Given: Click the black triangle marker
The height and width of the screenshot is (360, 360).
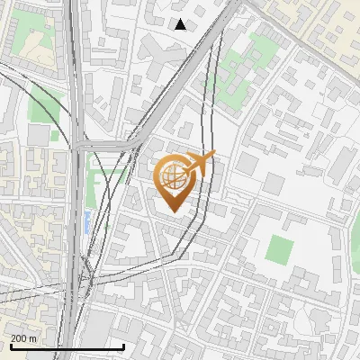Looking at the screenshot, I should tap(180, 24).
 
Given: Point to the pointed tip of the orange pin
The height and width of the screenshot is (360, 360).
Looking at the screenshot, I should tap(173, 212).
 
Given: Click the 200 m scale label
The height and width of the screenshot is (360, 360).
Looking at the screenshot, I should tap(24, 338).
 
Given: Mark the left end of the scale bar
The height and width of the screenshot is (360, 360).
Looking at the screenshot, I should tap(10, 346).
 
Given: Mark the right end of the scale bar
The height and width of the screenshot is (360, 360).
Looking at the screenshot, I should tap(124, 346).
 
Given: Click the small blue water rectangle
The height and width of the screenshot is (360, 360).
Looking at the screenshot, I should tap(86, 220).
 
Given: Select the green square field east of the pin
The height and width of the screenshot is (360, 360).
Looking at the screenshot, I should tap(279, 248).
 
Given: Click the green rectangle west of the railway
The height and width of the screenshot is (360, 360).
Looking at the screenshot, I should tap(40, 106).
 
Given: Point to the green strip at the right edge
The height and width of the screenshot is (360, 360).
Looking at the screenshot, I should tap(353, 243).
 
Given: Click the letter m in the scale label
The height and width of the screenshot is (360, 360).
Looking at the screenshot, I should tap(32, 338).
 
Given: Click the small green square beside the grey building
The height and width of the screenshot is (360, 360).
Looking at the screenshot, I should tap(55, 136).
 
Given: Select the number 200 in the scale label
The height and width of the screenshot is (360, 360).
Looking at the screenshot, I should tap(20, 338).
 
